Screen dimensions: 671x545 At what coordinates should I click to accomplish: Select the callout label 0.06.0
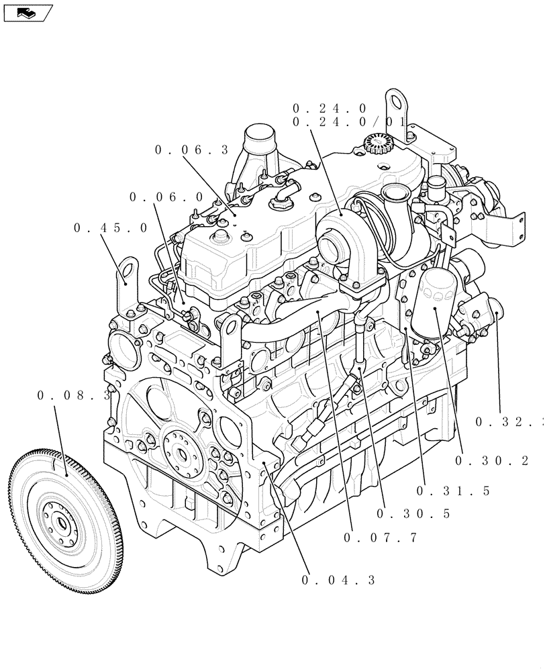[x=166, y=197]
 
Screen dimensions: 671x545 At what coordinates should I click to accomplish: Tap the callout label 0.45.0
[x=111, y=228]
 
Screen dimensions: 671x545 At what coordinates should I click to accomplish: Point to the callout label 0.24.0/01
[x=349, y=122]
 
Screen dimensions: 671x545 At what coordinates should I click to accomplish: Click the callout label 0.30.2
[x=491, y=461]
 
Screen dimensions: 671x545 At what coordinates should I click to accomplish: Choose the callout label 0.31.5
[x=453, y=491]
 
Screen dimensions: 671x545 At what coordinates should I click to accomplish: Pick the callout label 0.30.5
[x=413, y=514]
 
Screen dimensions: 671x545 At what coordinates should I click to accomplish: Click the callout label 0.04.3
[x=339, y=580]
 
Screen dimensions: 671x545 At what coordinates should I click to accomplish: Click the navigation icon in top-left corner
[x=27, y=11]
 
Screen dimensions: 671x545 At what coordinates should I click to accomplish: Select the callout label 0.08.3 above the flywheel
[x=74, y=396]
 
